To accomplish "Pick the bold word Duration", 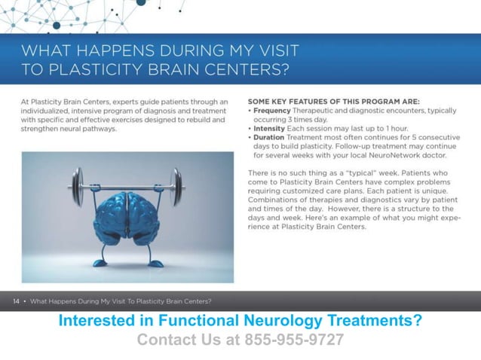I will click(x=273, y=138).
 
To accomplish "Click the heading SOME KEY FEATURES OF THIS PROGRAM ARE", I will click(x=333, y=101).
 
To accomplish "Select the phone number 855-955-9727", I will click(x=295, y=340).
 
